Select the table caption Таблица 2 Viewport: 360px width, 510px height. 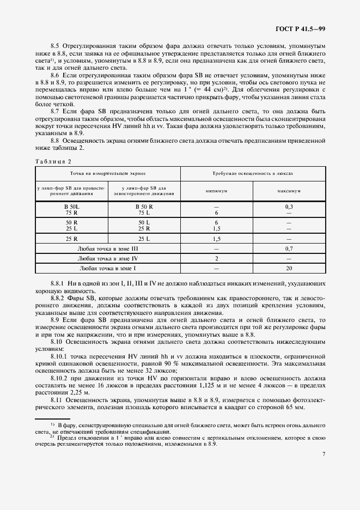[x=53, y=161]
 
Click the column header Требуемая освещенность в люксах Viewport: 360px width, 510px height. [x=253, y=172]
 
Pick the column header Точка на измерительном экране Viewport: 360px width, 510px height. [x=108, y=172]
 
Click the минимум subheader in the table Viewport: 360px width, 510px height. [x=216, y=191]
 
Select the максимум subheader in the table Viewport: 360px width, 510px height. [x=289, y=191]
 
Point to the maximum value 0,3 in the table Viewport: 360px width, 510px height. [x=289, y=208]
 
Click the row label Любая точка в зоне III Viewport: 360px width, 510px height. [x=108, y=248]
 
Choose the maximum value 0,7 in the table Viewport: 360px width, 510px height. [x=289, y=248]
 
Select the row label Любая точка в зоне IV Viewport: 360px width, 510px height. [x=108, y=258]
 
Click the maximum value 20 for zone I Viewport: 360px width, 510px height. [x=289, y=268]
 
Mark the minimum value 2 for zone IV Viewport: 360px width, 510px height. [x=216, y=258]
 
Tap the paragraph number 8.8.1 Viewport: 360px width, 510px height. [x=58, y=283]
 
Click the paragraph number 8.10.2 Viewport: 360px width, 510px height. [x=59, y=377]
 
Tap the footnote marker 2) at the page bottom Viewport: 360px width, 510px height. [x=52, y=436]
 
